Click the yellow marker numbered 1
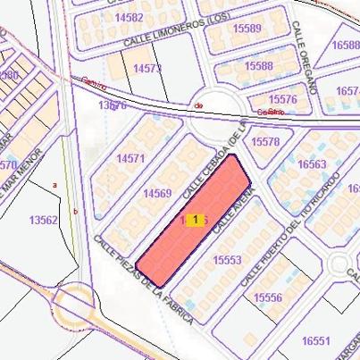coord(195,220)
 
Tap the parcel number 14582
coord(129,17)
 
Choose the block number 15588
coord(258,66)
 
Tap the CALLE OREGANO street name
coord(306,62)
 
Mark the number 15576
coord(281,99)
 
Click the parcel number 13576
coord(113,105)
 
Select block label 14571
coord(130,158)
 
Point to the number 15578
coord(266,141)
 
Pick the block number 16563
coord(312,164)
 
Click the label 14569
coord(157,193)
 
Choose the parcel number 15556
coord(267,297)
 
